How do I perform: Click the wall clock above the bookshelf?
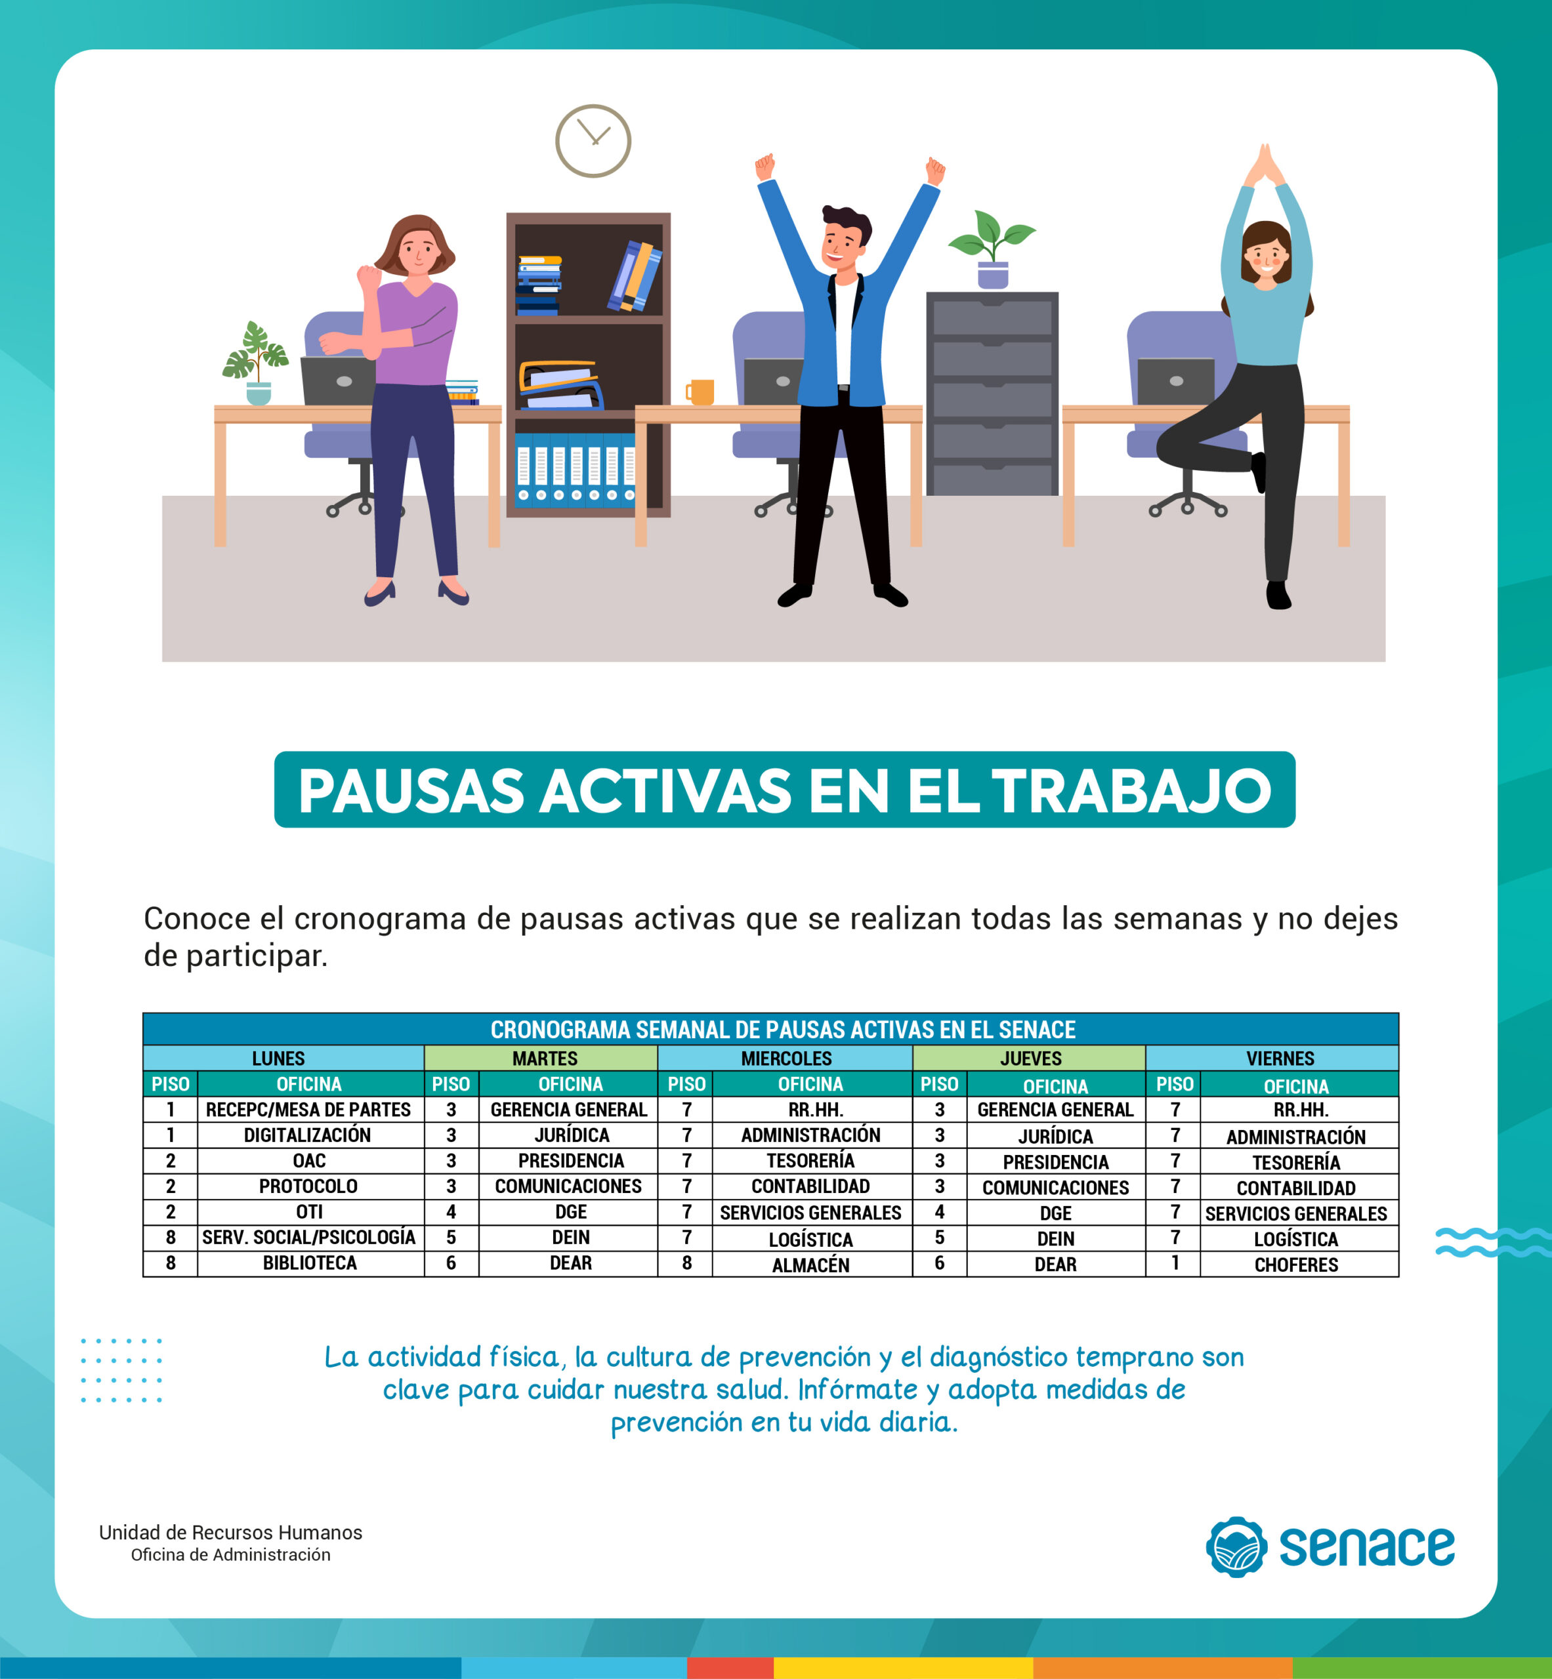(593, 141)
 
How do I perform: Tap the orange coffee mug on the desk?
(700, 392)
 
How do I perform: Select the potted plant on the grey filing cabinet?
(992, 249)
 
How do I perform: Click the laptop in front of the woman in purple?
(339, 381)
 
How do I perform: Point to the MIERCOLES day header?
(786, 1059)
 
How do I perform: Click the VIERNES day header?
(1280, 1059)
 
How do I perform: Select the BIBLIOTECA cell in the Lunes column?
(310, 1263)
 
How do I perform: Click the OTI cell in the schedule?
(310, 1212)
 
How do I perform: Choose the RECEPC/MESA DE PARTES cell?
(308, 1110)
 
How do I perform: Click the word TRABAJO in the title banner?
(1132, 792)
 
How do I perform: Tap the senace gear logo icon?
(1236, 1547)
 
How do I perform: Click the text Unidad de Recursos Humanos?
(231, 1532)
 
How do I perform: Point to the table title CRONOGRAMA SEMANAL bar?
(771, 1029)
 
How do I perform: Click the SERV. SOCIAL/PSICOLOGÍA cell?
(309, 1238)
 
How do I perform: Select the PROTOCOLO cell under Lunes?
(308, 1186)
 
